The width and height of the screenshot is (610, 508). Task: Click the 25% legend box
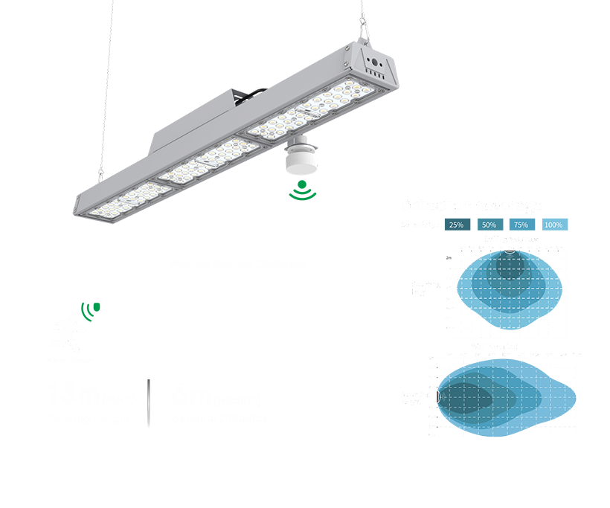(x=457, y=225)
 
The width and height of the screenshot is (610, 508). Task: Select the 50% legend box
(x=489, y=225)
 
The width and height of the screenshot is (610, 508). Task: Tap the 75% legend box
(x=521, y=225)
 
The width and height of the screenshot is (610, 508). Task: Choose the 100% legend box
(x=553, y=225)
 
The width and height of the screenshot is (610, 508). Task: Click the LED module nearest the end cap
(x=347, y=97)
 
